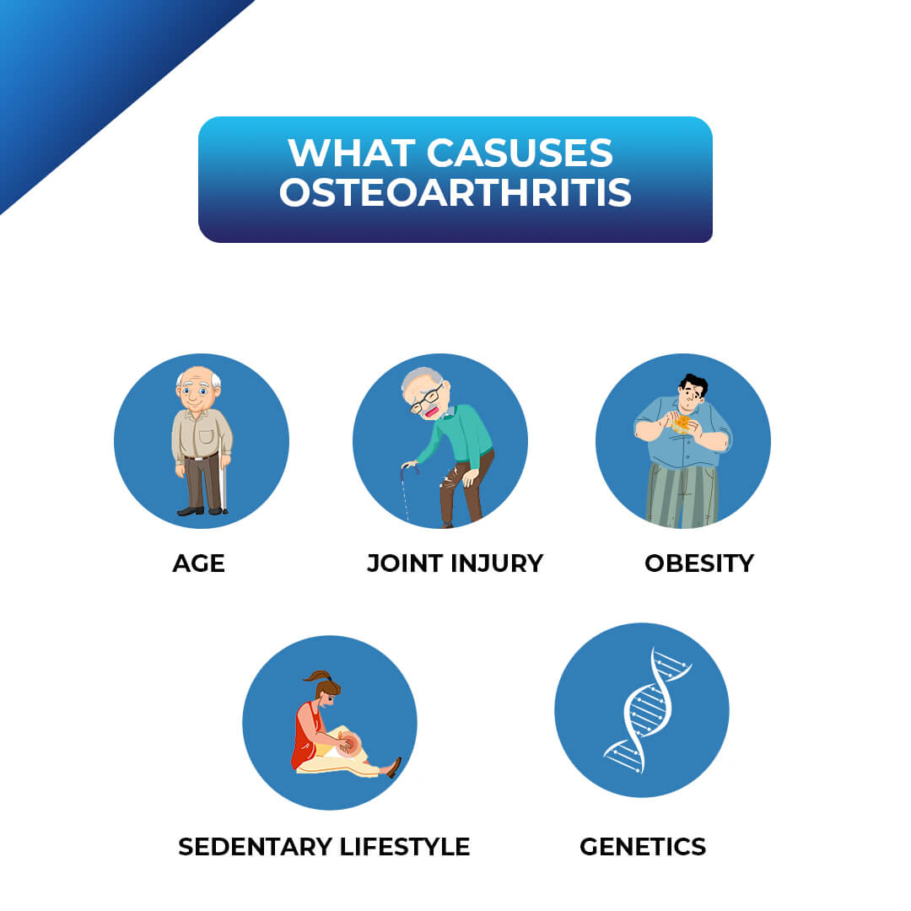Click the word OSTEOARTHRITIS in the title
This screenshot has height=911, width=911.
(x=455, y=193)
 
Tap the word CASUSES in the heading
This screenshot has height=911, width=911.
(x=520, y=153)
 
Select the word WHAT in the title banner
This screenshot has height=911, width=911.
(x=352, y=153)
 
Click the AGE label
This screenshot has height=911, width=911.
(x=199, y=563)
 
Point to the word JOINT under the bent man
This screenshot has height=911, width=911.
(x=404, y=563)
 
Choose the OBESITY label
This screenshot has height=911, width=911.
(x=699, y=563)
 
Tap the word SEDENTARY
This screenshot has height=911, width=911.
(x=256, y=846)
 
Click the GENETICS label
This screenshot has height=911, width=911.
(x=643, y=846)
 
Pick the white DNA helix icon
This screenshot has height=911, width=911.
(x=645, y=709)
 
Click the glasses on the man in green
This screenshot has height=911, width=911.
(x=426, y=399)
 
